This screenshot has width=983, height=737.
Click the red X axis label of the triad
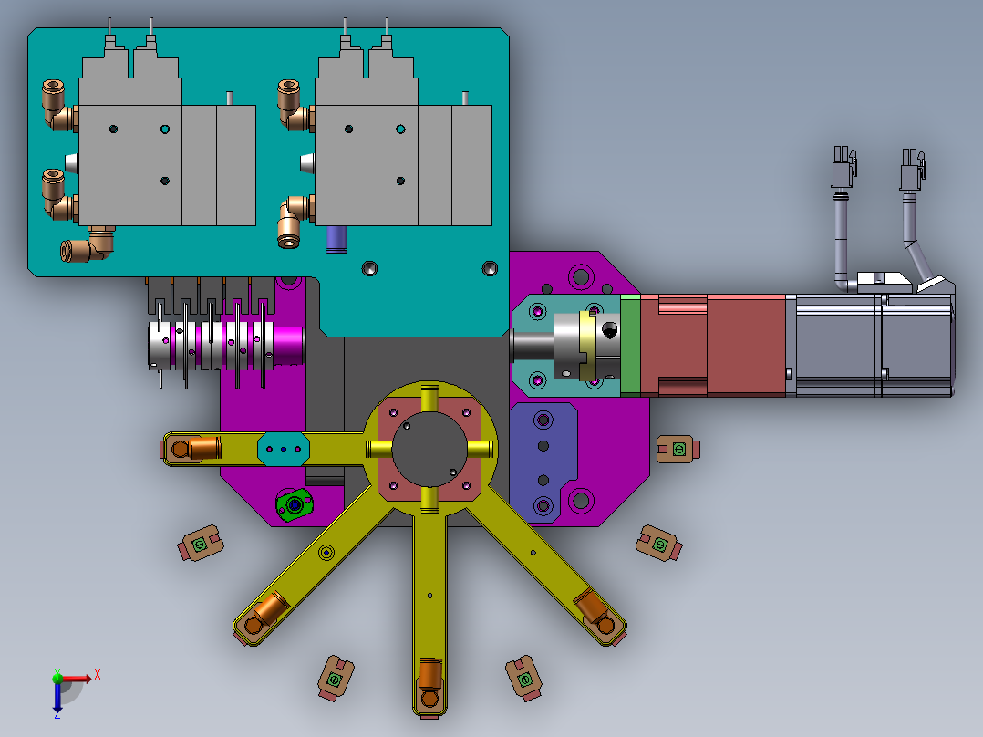point(98,675)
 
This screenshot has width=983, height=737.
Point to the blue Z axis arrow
point(57,696)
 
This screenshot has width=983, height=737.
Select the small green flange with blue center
point(294,504)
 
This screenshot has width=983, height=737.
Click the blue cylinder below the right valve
point(336,240)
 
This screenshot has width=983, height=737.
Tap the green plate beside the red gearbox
point(631,345)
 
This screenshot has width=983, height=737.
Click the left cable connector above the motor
point(843,167)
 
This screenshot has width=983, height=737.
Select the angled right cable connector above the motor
point(913,170)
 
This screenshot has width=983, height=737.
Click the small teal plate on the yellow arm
point(284,449)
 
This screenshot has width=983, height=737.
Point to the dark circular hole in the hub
point(429,449)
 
